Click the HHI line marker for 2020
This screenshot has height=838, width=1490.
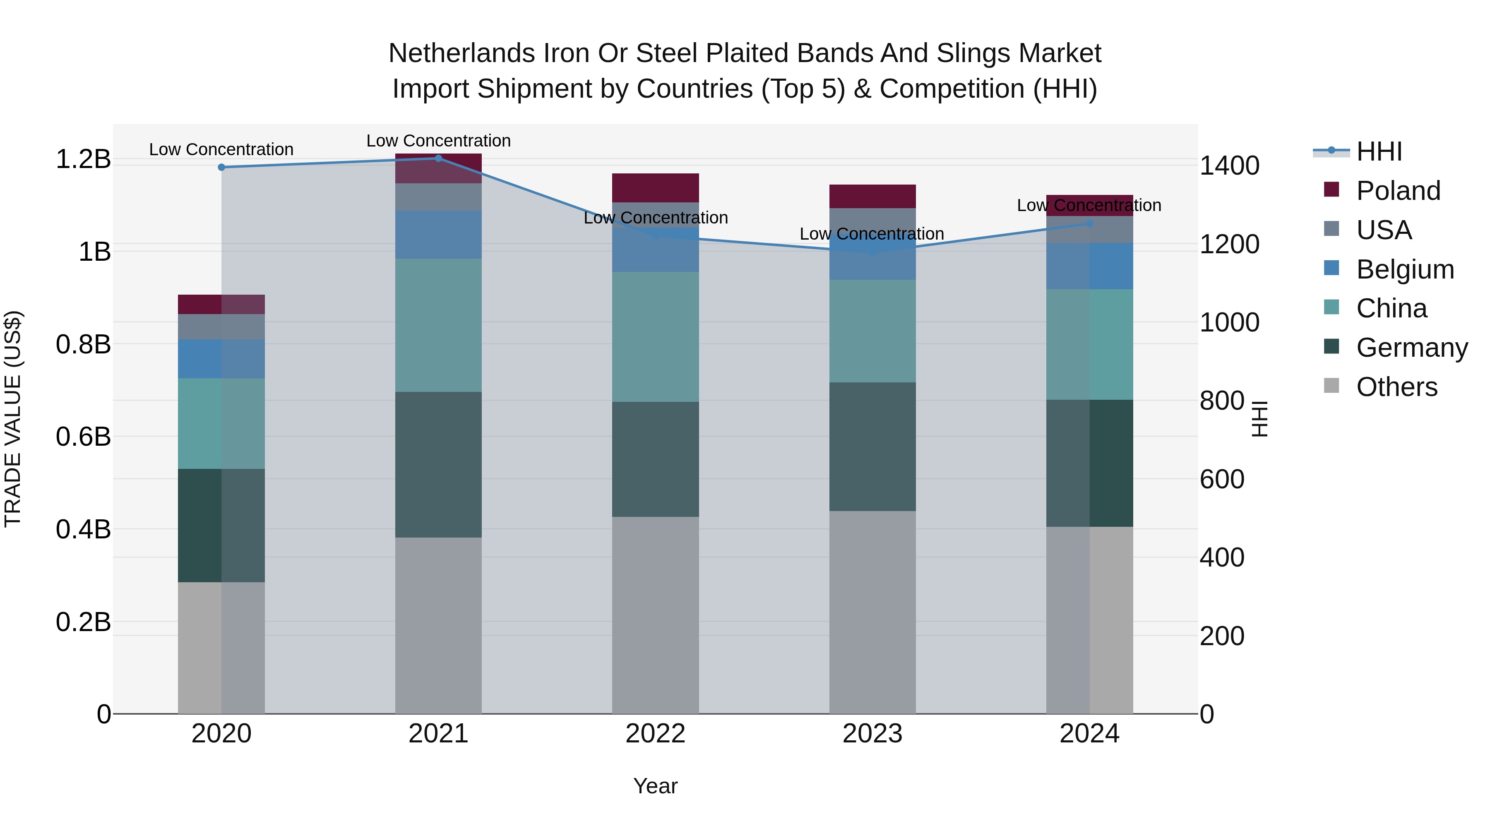click(221, 167)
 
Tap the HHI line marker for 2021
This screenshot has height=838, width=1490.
click(438, 158)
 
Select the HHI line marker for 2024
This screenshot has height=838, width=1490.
click(1089, 223)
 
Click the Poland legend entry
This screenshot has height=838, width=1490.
click(1397, 191)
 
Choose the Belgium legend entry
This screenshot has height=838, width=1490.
click(1404, 269)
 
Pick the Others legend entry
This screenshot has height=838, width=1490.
click(1396, 387)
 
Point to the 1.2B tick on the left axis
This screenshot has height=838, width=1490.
click(83, 159)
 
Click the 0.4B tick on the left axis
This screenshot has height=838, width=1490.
click(83, 529)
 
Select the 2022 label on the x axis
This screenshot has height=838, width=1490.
click(655, 734)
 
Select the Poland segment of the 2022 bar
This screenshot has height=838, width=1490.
click(655, 187)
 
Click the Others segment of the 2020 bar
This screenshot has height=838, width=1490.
click(221, 648)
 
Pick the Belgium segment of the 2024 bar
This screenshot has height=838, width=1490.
click(1089, 266)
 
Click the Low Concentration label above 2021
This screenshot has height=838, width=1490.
click(438, 141)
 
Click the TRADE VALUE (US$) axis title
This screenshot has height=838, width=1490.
click(13, 419)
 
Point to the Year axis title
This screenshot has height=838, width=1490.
click(655, 786)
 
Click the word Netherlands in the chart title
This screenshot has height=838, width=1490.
click(461, 53)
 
